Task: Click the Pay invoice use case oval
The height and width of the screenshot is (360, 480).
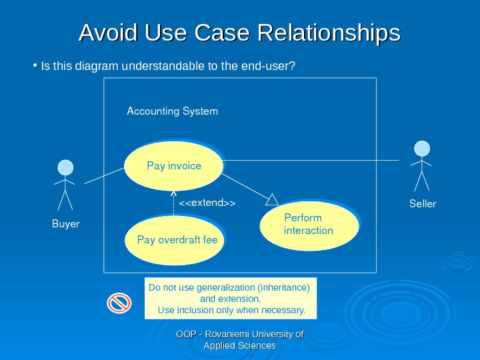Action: tap(173, 165)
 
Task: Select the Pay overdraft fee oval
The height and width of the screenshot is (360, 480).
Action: tap(175, 239)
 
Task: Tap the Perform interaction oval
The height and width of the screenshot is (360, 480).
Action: tap(309, 224)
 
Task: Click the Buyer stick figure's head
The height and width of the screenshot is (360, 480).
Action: tap(65, 167)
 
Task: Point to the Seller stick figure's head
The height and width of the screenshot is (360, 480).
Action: tap(421, 148)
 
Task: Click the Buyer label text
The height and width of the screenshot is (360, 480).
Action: tap(65, 224)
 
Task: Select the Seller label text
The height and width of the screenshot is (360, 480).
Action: tap(422, 203)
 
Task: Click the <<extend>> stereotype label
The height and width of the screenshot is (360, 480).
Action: tap(207, 202)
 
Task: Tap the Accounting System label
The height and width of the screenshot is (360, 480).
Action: tap(172, 111)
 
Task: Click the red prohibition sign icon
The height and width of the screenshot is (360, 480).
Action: tap(119, 303)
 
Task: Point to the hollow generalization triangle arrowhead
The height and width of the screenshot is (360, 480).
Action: tap(271, 199)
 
